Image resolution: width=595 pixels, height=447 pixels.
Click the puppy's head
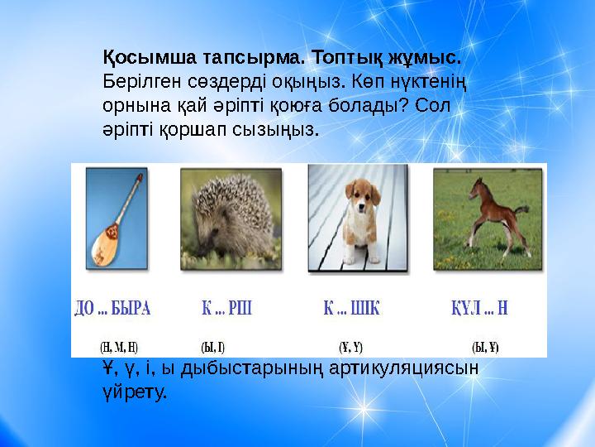click(x=357, y=199)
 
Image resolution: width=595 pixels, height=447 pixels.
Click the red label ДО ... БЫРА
click(x=112, y=310)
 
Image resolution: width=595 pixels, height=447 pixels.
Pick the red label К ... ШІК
click(x=351, y=310)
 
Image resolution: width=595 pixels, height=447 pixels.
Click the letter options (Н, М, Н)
click(x=119, y=346)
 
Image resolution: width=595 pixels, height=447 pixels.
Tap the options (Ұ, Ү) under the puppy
click(x=351, y=346)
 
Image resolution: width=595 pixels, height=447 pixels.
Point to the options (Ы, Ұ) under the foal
click(x=485, y=346)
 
